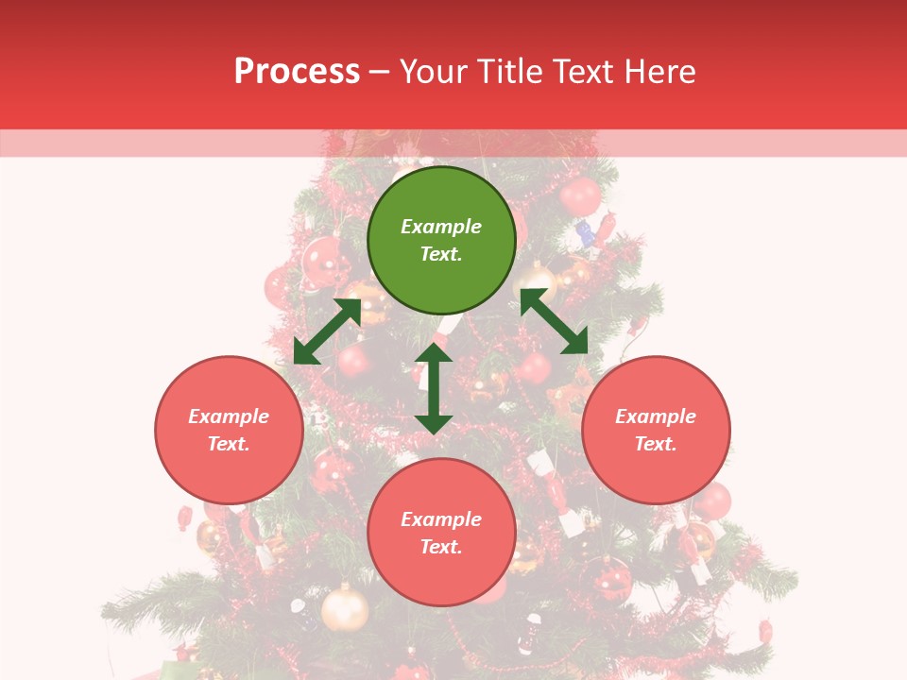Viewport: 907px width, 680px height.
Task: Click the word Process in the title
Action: pos(297,72)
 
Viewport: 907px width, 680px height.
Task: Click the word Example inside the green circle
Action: pos(441,227)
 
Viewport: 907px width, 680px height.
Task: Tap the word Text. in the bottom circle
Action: pos(441,547)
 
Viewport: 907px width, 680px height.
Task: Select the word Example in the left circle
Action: pos(229,416)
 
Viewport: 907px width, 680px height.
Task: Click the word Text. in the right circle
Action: pos(656,444)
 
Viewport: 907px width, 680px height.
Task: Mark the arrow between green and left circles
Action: pos(327,331)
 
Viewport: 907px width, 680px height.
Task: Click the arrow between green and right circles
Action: pos(554,321)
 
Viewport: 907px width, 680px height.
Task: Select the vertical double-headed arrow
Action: pos(434,388)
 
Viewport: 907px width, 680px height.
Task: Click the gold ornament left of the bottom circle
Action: pos(345,609)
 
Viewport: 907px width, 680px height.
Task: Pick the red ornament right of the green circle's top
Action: pos(579,196)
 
